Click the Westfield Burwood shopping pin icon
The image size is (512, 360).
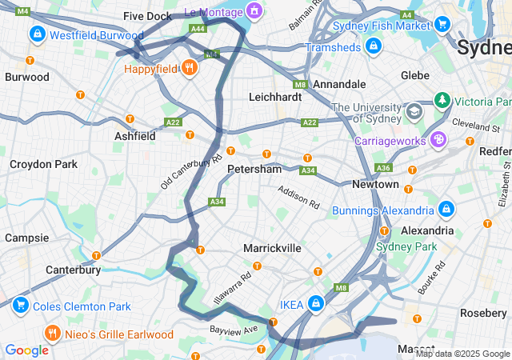pos(37,34)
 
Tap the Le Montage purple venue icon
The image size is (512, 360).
pos(254,10)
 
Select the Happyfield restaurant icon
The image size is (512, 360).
pos(190,68)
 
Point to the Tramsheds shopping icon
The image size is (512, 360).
pos(372,47)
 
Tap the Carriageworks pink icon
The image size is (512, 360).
pos(438,140)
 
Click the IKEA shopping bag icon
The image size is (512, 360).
pos(317,304)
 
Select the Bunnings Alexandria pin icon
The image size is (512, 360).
pos(446,210)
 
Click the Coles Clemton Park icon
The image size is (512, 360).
pos(19,306)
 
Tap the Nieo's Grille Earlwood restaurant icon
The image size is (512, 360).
pos(52,333)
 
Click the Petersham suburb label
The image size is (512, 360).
pos(254,170)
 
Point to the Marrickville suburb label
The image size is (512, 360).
pos(272,248)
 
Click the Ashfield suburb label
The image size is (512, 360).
pos(134,136)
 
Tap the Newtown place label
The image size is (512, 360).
pos(375,184)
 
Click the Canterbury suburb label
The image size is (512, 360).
pos(73,270)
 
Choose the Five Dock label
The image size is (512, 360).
pos(148,16)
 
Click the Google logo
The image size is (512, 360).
pos(27,350)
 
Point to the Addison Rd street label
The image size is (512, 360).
pos(298,193)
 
